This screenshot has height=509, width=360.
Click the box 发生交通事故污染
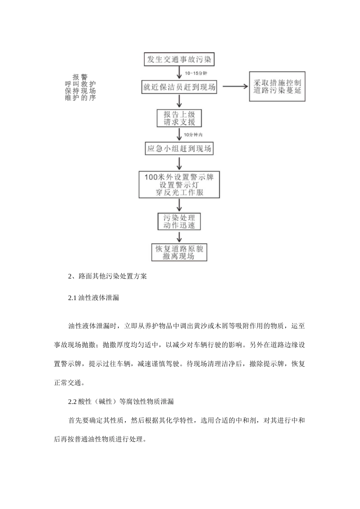(x=179, y=59)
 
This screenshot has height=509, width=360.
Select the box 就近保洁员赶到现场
(x=179, y=87)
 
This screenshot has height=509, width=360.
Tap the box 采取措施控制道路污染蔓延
(x=277, y=87)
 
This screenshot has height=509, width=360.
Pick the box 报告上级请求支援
(x=179, y=118)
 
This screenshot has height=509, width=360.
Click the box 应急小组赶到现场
(x=179, y=148)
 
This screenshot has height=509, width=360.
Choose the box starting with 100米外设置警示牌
(x=179, y=184)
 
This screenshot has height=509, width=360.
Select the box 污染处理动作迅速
(x=179, y=221)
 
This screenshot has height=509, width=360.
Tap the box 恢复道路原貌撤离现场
(x=179, y=252)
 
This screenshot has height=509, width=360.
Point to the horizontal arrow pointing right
(x=235, y=86)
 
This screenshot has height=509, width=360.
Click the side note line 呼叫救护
(x=80, y=84)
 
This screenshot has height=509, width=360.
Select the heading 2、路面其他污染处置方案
(x=107, y=276)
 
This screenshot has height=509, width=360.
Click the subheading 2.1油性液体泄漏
(x=94, y=298)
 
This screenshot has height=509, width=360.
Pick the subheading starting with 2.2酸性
(x=121, y=401)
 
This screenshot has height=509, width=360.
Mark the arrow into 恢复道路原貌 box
(x=179, y=237)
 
